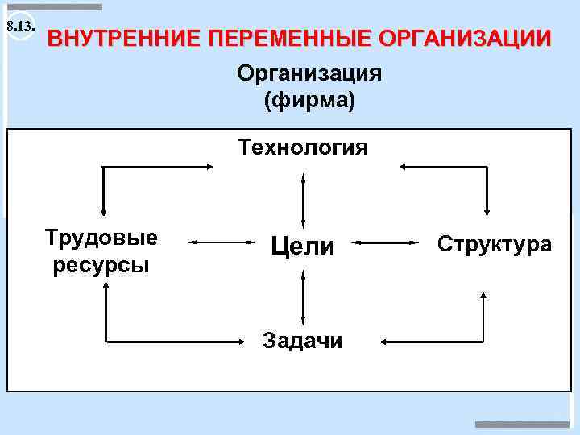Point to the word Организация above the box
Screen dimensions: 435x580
309,74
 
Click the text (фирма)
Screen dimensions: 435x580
309,101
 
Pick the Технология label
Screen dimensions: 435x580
303,147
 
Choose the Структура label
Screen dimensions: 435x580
495,243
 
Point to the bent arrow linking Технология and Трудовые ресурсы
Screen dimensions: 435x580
105,168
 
